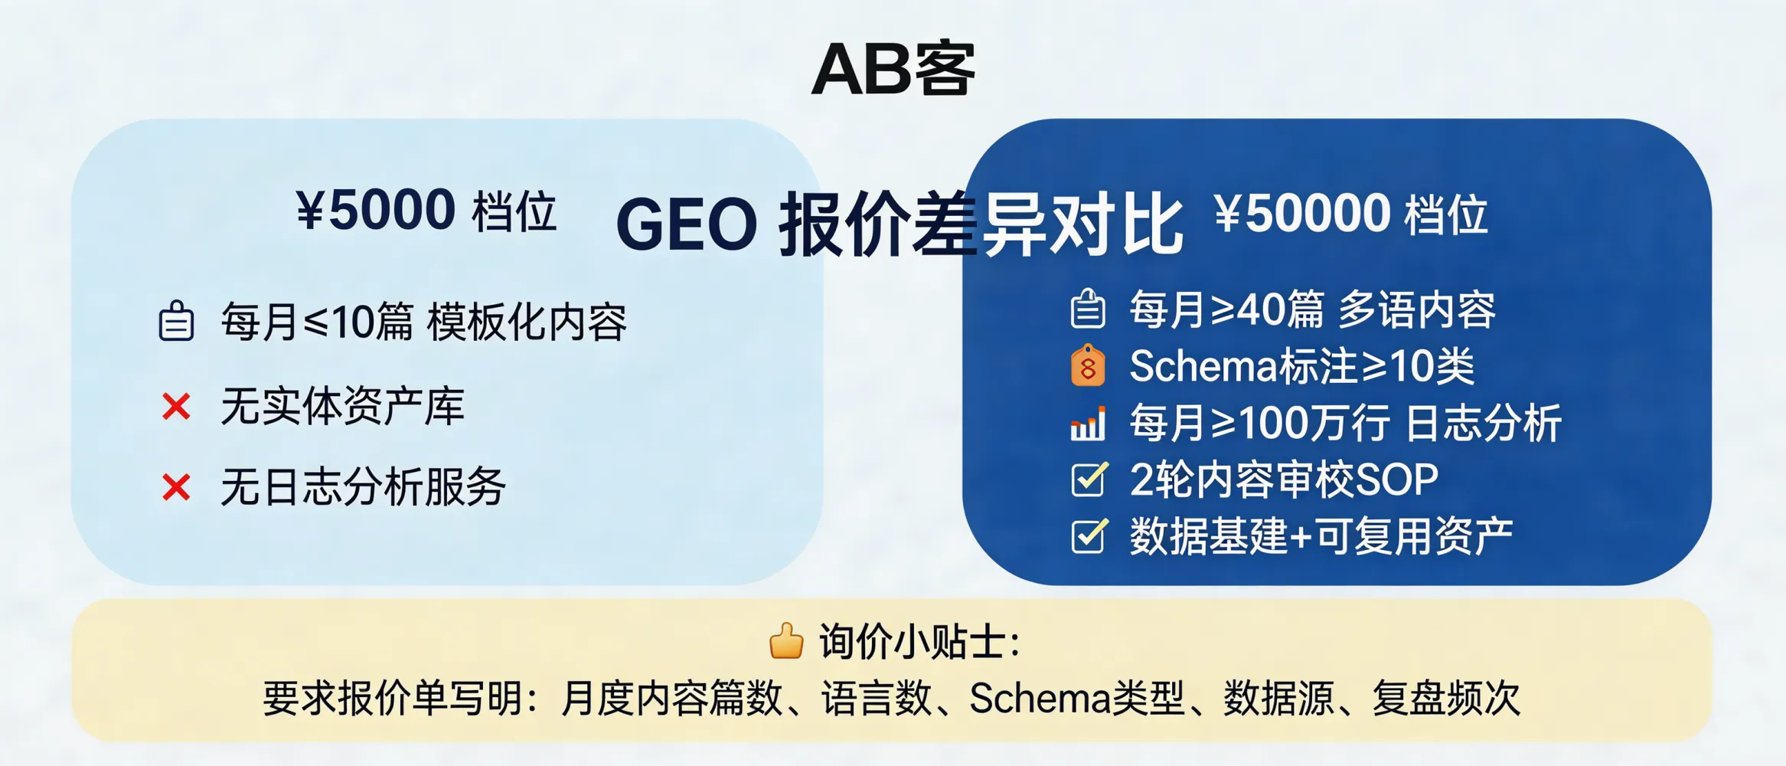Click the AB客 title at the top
[x=893, y=69]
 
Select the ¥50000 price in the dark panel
[x=1302, y=214]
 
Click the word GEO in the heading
[x=686, y=225]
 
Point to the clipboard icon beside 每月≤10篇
[x=176, y=321]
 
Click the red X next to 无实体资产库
[x=176, y=407]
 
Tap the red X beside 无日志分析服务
[x=176, y=487]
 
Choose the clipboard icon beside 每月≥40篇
[x=1087, y=309]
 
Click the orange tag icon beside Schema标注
[x=1087, y=365]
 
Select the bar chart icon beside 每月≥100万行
[x=1087, y=423]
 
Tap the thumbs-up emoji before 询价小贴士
[x=786, y=641]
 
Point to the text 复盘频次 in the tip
[x=1445, y=698]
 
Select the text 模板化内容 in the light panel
[x=527, y=322]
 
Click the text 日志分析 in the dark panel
[x=1484, y=423]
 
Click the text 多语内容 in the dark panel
[x=1416, y=310]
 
